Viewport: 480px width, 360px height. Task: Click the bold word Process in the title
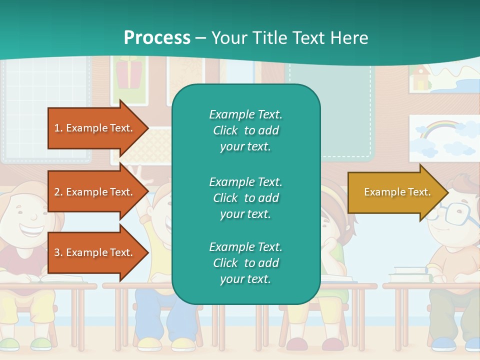157,38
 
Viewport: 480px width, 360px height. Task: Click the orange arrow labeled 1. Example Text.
93,128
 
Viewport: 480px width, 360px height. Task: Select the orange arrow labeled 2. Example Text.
93,192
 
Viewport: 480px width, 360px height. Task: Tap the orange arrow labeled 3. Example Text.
93,252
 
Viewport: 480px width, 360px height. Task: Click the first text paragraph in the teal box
245,130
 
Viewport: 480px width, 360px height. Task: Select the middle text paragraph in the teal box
245,198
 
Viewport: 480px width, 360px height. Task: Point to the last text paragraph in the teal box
245,263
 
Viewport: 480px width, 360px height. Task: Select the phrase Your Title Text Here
289,38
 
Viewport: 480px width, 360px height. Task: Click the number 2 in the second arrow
57,192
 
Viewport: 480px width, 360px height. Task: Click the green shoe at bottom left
40,344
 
